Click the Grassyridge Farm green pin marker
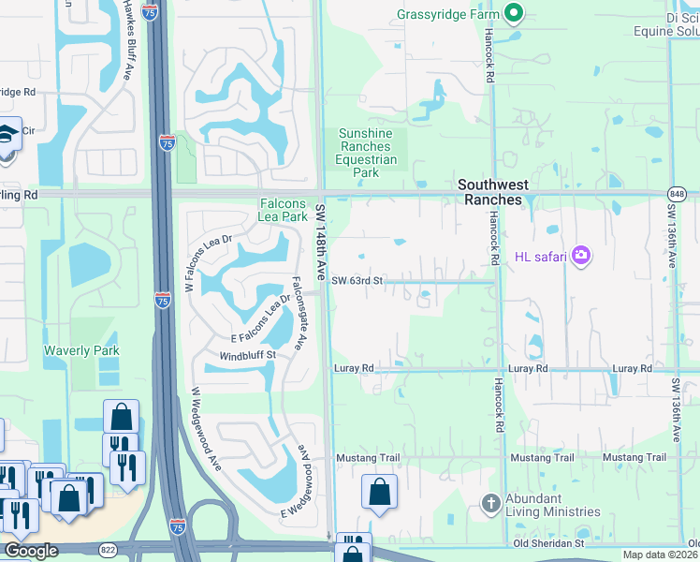pyautogui.click(x=513, y=14)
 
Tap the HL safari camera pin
pyautogui.click(x=581, y=255)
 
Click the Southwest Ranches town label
pyautogui.click(x=489, y=192)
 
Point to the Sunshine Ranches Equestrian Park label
pyautogui.click(x=365, y=153)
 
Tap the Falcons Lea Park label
pyautogui.click(x=284, y=211)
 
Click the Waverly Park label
pyautogui.click(x=82, y=350)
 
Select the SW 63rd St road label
pyautogui.click(x=358, y=280)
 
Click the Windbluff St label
pyautogui.click(x=247, y=356)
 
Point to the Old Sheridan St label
pyautogui.click(x=548, y=542)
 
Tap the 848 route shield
pyautogui.click(x=677, y=193)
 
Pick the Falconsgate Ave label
pyautogui.click(x=298, y=312)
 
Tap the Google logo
pyautogui.click(x=31, y=551)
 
